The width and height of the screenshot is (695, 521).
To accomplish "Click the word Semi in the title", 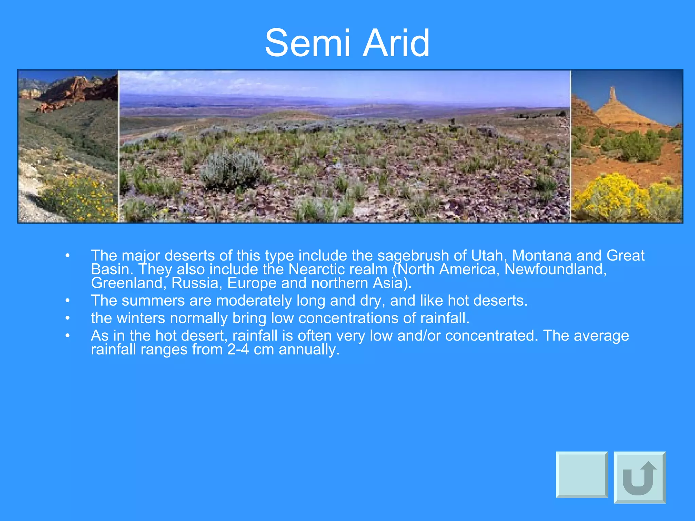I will coord(307,43).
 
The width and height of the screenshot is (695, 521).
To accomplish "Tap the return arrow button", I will coord(640,477).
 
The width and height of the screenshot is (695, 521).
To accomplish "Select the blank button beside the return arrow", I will coord(582,475).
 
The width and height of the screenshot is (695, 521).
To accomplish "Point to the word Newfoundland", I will coord(556,269).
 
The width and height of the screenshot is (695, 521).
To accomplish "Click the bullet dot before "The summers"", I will coord(68,301).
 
